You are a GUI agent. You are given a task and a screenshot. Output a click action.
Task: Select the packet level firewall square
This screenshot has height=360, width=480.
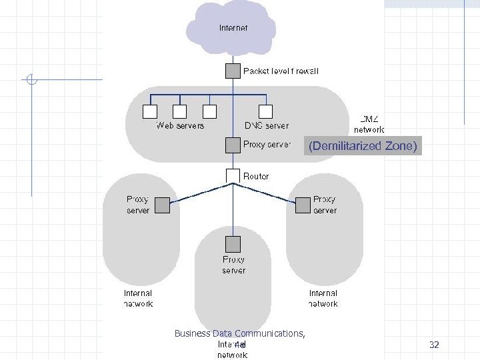point(232,71)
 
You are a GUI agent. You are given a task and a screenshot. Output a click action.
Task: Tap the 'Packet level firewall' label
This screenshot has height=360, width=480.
point(281,71)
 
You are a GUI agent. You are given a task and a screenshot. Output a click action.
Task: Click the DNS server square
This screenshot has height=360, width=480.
point(266,111)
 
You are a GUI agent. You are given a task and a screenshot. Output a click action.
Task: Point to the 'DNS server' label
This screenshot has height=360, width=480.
point(266,125)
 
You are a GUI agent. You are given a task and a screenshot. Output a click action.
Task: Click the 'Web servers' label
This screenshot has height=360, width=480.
point(180,125)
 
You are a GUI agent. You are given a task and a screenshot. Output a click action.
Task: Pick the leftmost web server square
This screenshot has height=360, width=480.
point(150,111)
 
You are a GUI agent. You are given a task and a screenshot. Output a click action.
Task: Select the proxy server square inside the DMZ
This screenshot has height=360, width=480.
point(232,145)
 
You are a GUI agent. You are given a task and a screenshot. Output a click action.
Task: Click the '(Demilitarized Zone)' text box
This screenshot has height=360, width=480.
point(363,146)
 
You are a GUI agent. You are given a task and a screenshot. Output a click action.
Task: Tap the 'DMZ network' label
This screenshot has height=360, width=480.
point(369,123)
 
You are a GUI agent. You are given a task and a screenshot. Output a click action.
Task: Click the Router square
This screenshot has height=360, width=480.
point(232,175)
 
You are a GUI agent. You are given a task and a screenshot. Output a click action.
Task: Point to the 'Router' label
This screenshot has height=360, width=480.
point(256,176)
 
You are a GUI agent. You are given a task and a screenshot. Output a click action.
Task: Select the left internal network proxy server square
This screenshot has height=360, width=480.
point(163,206)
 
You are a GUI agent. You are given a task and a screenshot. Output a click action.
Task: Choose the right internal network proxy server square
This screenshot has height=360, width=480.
point(303,206)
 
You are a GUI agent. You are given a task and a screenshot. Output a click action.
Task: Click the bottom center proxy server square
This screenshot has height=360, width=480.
point(232,243)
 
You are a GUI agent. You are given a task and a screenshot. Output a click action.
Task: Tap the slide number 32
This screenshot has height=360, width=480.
point(434,345)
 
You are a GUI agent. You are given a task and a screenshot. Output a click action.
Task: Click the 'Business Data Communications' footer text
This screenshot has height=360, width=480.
point(239,333)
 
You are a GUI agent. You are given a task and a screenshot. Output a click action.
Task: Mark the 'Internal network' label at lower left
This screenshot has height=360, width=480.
point(138,298)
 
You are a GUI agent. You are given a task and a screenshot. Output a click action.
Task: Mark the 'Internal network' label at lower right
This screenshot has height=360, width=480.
point(323,298)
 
